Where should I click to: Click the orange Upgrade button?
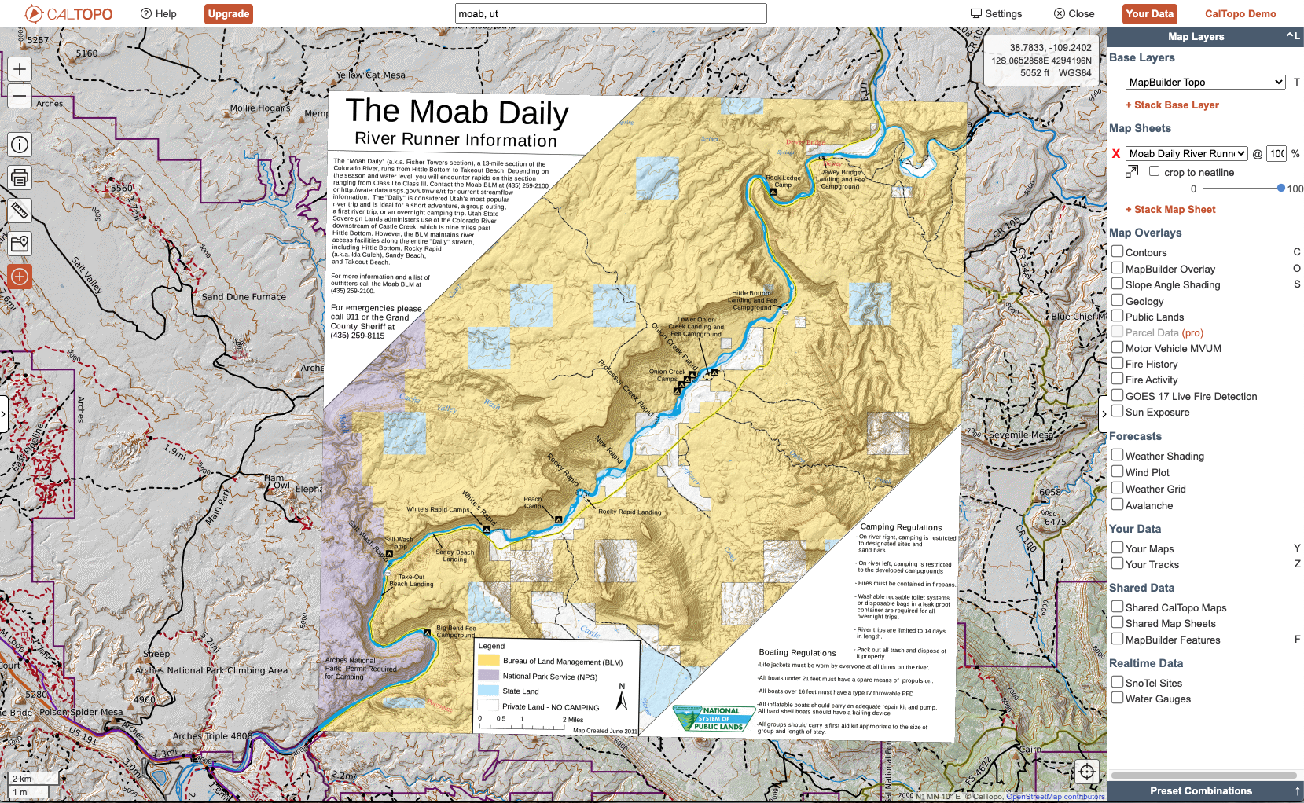pyautogui.click(x=229, y=13)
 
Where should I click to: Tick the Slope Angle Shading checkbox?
pyautogui.click(x=1117, y=284)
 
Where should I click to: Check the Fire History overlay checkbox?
pyautogui.click(x=1117, y=363)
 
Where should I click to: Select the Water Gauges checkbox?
pyautogui.click(x=1117, y=698)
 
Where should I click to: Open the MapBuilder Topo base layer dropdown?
pyautogui.click(x=1205, y=82)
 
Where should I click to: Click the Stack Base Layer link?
pyautogui.click(x=1171, y=104)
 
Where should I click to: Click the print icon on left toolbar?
pyautogui.click(x=20, y=178)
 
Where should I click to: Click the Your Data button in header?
pyautogui.click(x=1148, y=13)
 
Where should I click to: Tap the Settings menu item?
pyautogui.click(x=996, y=13)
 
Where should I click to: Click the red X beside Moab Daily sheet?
pyautogui.click(x=1115, y=154)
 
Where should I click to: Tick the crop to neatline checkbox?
pyautogui.click(x=1154, y=171)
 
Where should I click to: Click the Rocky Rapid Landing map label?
pyautogui.click(x=630, y=511)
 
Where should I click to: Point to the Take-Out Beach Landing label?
pyautogui.click(x=411, y=580)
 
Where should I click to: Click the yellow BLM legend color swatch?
pyautogui.click(x=489, y=661)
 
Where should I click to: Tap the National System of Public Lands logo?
pyautogui.click(x=710, y=718)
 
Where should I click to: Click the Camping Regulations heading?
pyautogui.click(x=901, y=527)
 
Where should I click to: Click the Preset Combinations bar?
pyautogui.click(x=1200, y=790)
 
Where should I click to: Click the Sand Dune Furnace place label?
pyautogui.click(x=244, y=297)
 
